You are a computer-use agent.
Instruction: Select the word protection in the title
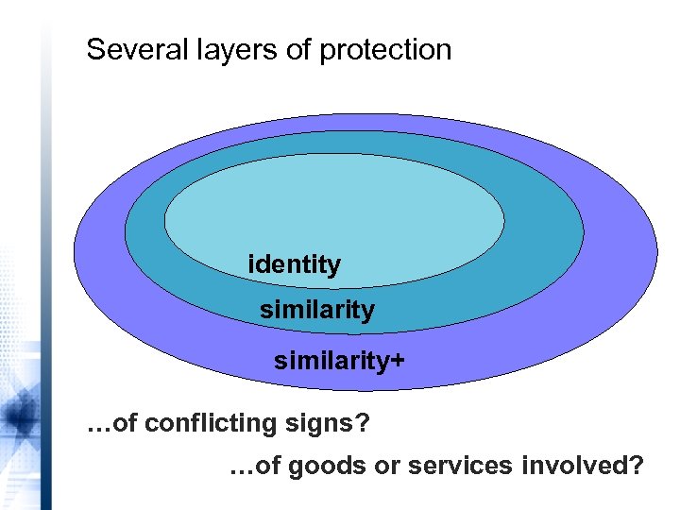(385, 49)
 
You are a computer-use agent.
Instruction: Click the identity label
(294, 264)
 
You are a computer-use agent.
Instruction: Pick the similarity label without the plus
(316, 310)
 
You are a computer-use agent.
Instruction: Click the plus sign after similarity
(397, 360)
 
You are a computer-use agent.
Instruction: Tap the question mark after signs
(362, 424)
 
